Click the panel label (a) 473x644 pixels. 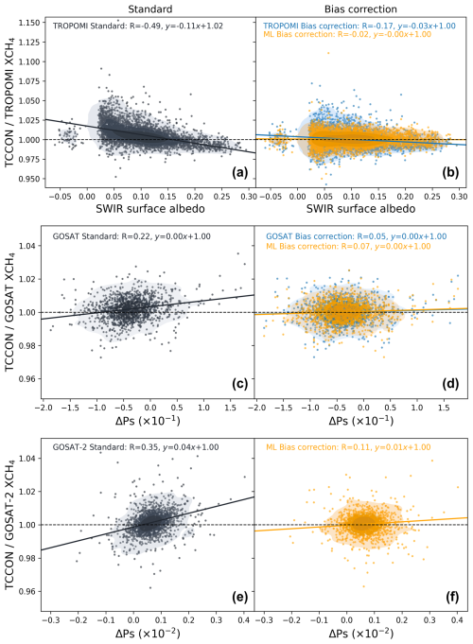coord(239,172)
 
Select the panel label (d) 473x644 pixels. coord(450,383)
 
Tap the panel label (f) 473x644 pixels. coord(452,597)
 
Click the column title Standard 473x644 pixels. coord(150,9)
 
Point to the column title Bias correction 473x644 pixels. coord(360,9)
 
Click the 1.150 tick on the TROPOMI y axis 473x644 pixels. coord(30,23)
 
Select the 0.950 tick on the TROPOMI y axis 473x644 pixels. coord(30,179)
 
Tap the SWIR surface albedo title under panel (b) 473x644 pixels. coord(360,209)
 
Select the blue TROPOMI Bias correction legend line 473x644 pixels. coord(359,26)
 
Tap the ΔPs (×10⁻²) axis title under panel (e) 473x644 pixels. coord(148,633)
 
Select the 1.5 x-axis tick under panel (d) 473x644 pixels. coord(444,408)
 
